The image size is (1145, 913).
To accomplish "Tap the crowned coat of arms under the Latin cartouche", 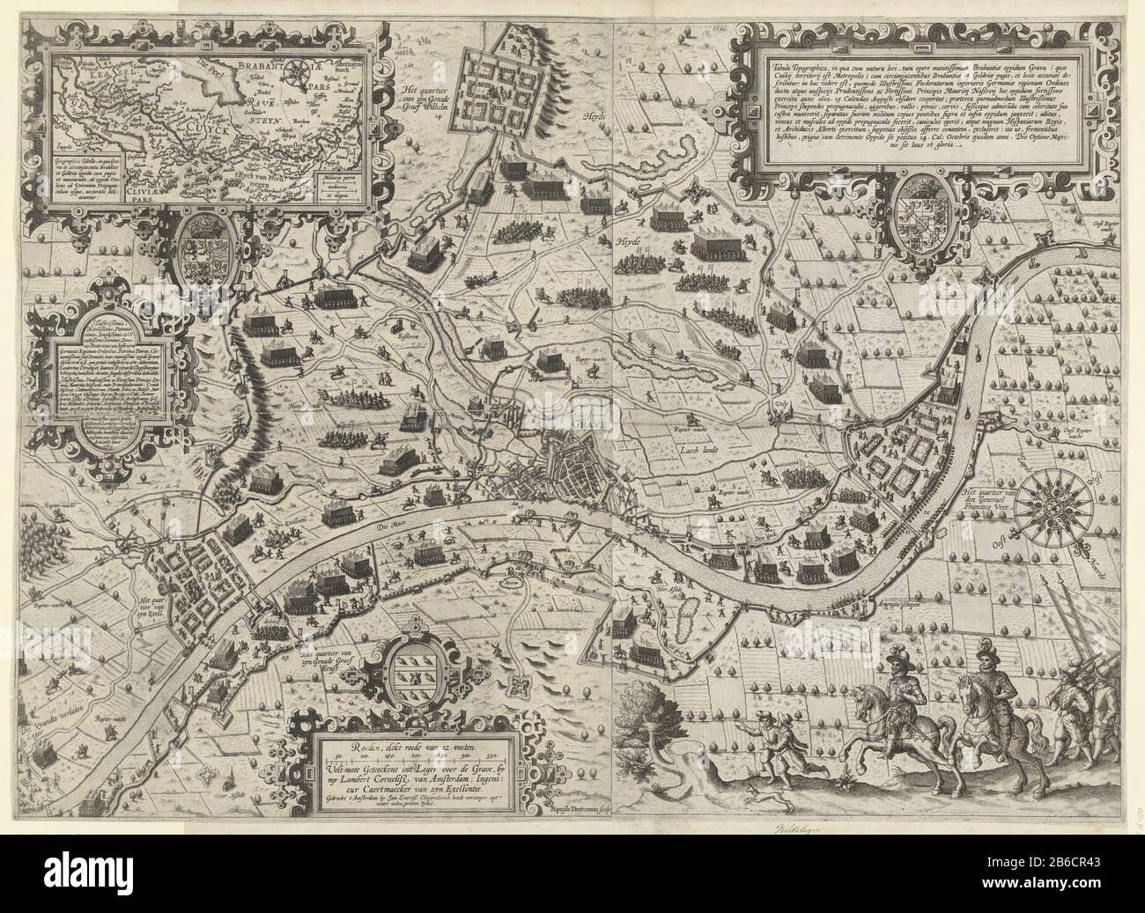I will pyautogui.click(x=921, y=213).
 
